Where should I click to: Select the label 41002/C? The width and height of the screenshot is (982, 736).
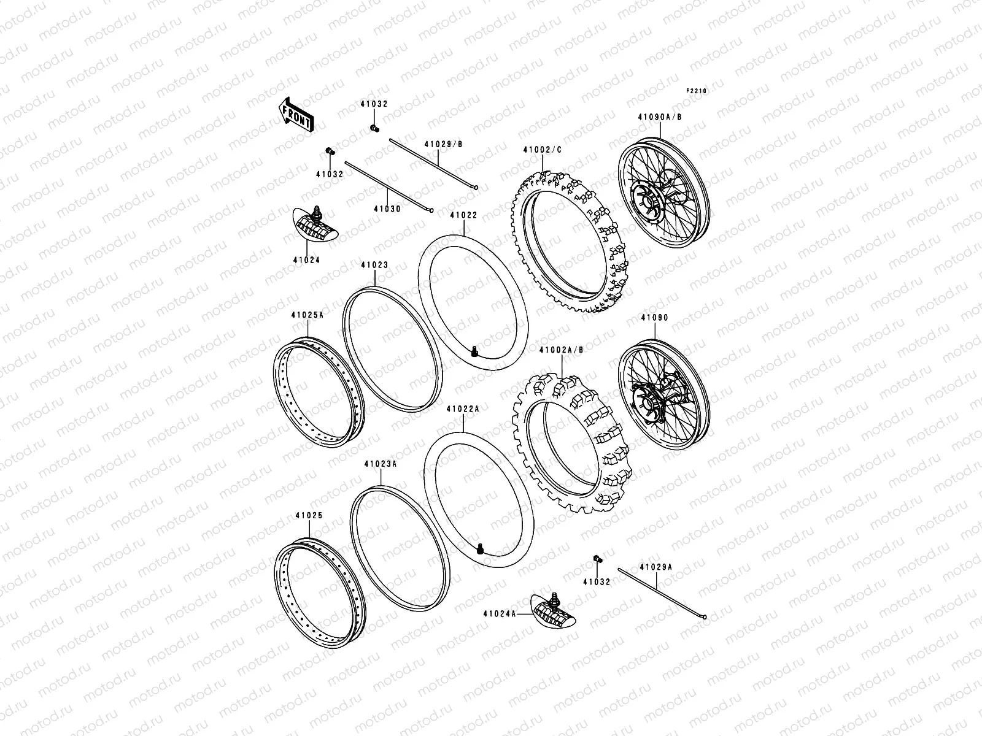[541, 150]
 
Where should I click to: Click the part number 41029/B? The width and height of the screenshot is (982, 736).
[443, 144]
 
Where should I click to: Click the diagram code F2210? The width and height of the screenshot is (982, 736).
[697, 91]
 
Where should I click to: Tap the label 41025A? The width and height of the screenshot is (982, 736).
[307, 315]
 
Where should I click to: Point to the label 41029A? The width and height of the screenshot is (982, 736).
[655, 567]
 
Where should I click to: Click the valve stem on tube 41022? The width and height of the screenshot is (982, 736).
[474, 351]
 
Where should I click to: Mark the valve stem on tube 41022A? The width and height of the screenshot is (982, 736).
[481, 548]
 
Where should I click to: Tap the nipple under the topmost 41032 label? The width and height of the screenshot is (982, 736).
[374, 128]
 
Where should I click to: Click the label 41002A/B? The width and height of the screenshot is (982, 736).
[561, 350]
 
